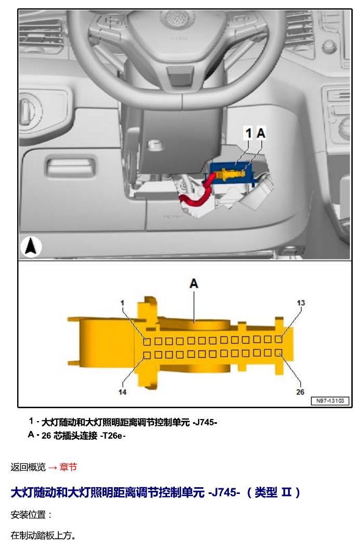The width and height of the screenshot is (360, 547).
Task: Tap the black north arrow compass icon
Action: tap(31, 247)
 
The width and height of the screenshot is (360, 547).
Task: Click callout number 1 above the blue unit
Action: tap(249, 133)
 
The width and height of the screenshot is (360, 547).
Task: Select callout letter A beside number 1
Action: tap(261, 133)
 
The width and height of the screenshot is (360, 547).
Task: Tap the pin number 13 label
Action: tap(301, 303)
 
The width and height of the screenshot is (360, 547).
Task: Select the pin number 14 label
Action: tap(122, 392)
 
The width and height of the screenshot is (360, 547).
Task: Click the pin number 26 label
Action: tap(300, 392)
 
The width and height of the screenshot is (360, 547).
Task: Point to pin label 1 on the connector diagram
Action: tap(122, 303)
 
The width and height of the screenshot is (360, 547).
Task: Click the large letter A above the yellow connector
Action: tap(194, 283)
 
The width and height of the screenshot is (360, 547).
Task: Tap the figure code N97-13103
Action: tap(330, 401)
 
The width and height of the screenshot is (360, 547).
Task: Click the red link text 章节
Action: tap(68, 467)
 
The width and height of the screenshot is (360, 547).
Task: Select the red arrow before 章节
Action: tap(53, 467)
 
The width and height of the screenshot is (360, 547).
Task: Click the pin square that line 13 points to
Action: tap(278, 338)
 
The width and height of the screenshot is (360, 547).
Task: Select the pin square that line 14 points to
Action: tap(147, 356)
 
